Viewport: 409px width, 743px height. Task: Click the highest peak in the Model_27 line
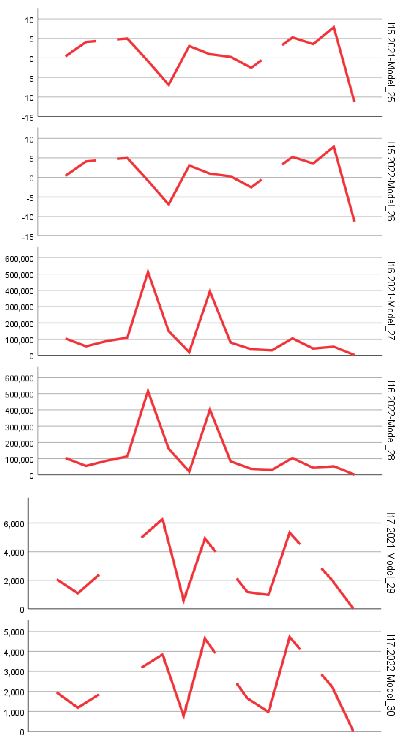click(148, 272)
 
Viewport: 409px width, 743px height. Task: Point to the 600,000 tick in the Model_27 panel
click(19, 259)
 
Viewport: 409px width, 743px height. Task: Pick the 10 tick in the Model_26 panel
click(29, 139)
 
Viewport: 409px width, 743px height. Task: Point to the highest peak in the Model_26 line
click(333, 147)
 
